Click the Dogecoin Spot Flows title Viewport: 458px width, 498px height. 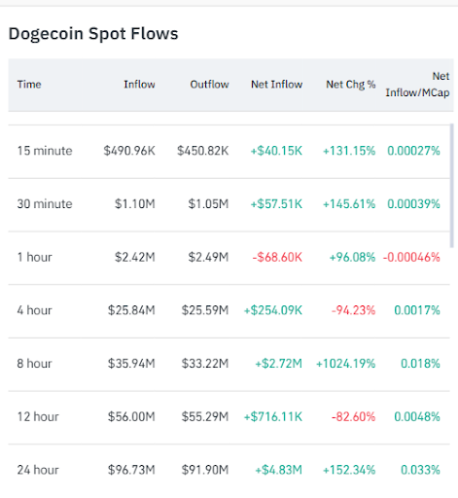pos(93,34)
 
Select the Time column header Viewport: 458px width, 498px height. pos(29,85)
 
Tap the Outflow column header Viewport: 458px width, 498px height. pos(209,85)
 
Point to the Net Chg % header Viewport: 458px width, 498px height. pos(351,85)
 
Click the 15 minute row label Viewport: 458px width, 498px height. pos(45,151)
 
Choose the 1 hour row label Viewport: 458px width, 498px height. pos(35,258)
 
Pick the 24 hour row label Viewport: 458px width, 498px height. pos(38,470)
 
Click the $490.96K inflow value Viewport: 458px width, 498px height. pos(129,151)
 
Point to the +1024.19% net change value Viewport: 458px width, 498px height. pos(346,364)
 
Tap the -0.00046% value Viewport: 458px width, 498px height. pos(413,258)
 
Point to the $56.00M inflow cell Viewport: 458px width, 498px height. pos(131,417)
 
